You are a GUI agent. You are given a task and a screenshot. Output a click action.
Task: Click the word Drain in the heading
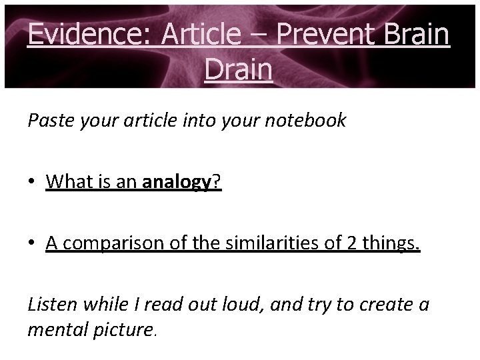coord(239,69)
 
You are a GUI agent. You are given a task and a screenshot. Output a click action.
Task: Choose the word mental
coord(55,330)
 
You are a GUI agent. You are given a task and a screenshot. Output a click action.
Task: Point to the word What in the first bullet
coord(68,183)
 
